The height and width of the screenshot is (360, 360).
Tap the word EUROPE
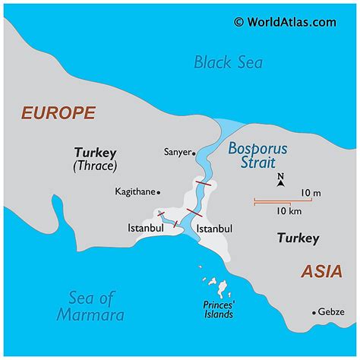click(58, 113)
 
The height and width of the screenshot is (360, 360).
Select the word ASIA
click(321, 270)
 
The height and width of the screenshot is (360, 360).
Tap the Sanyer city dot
click(195, 152)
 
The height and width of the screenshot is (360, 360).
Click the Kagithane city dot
click(159, 192)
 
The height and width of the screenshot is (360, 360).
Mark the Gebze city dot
click(314, 312)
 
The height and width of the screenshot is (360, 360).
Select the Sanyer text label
click(177, 152)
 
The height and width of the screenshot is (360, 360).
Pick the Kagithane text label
click(134, 192)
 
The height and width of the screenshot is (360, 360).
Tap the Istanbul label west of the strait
click(146, 228)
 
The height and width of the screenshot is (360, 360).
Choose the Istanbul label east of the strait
click(213, 228)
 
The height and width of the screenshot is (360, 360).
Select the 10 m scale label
click(311, 193)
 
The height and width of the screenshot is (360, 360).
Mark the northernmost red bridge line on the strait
click(204, 183)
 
